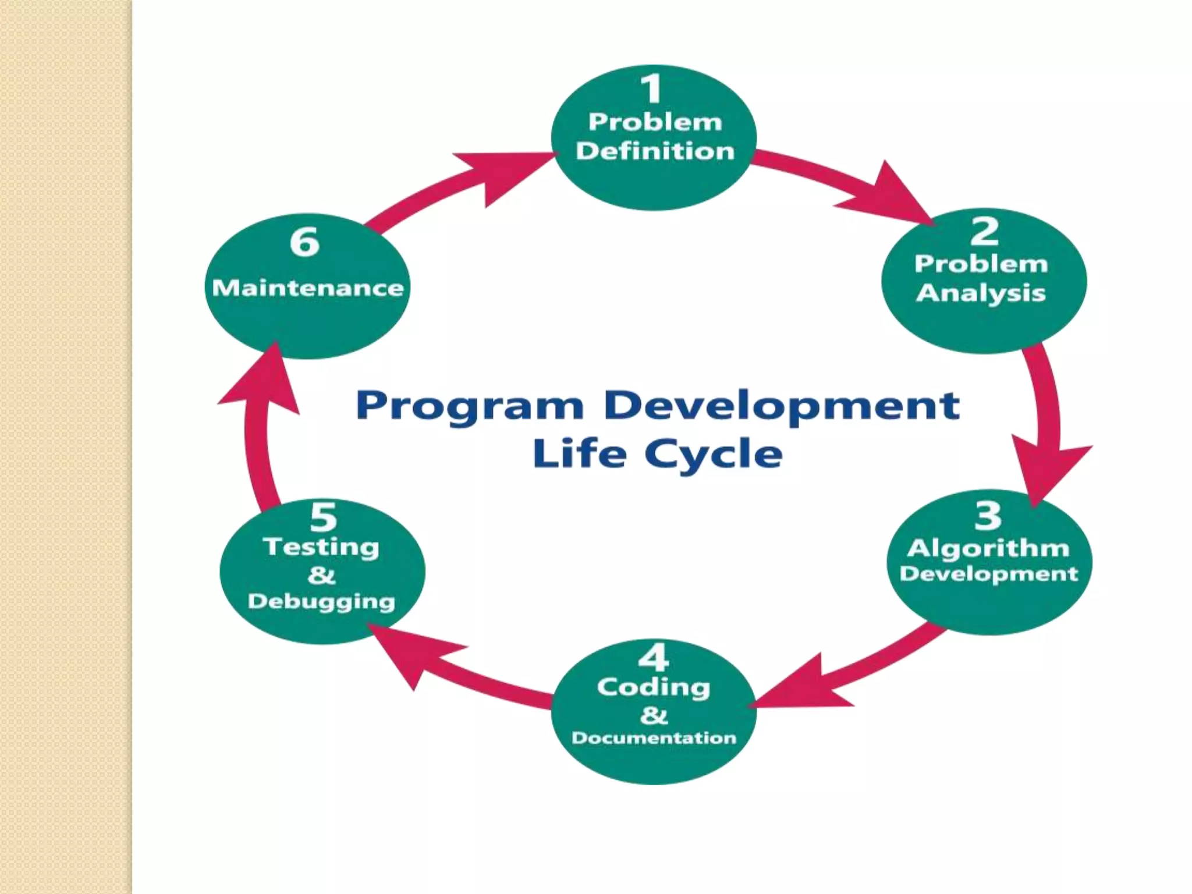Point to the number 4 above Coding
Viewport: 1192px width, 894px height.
click(x=653, y=658)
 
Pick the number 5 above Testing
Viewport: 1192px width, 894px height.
click(x=323, y=516)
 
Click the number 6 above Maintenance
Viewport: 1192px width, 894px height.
click(x=304, y=242)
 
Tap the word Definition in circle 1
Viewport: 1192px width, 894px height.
click(x=655, y=151)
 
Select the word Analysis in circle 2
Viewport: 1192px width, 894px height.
click(x=981, y=293)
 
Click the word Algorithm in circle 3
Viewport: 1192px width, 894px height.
click(x=988, y=548)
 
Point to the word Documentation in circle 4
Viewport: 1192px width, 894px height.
click(x=654, y=738)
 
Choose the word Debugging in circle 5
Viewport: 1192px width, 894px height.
click(x=321, y=602)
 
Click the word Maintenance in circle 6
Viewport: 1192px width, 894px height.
click(x=307, y=288)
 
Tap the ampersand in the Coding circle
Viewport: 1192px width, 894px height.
click(x=654, y=715)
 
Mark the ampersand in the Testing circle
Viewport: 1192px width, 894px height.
click(x=321, y=575)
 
